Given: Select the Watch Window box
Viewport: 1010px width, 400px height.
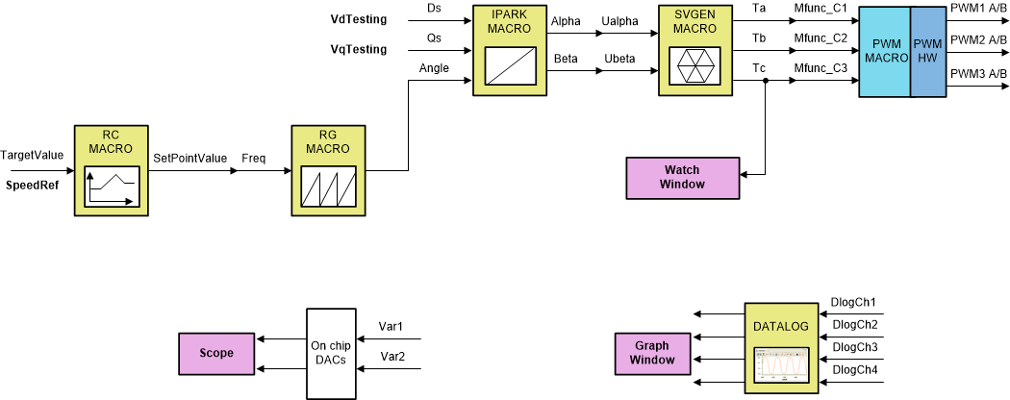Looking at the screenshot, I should point(682,177).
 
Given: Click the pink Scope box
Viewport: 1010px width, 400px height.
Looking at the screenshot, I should point(216,353).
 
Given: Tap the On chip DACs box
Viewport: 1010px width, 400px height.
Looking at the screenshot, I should point(330,353).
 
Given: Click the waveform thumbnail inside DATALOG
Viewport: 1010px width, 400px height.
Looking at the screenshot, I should point(781,366).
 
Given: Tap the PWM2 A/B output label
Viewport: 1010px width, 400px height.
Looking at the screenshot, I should point(977,39).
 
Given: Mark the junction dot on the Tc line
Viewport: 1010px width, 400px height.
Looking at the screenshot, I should point(765,82).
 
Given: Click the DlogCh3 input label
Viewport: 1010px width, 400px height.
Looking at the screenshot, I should point(854,346).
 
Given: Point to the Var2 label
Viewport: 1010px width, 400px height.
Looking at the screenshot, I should point(391,357).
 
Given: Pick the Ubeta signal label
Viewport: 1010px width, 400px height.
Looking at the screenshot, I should point(621,60).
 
